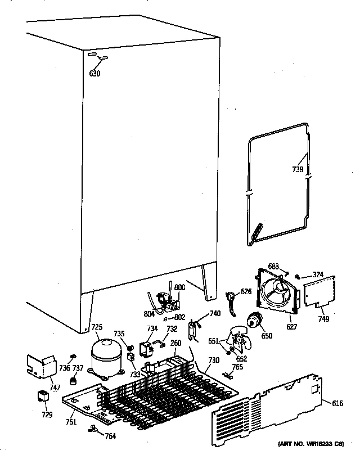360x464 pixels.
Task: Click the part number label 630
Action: pyautogui.click(x=94, y=73)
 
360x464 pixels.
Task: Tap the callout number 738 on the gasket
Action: pyautogui.click(x=298, y=169)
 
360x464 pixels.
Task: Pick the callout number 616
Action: pyautogui.click(x=337, y=404)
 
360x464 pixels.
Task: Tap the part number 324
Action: pyautogui.click(x=318, y=275)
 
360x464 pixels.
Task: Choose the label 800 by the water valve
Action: pyautogui.click(x=179, y=287)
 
